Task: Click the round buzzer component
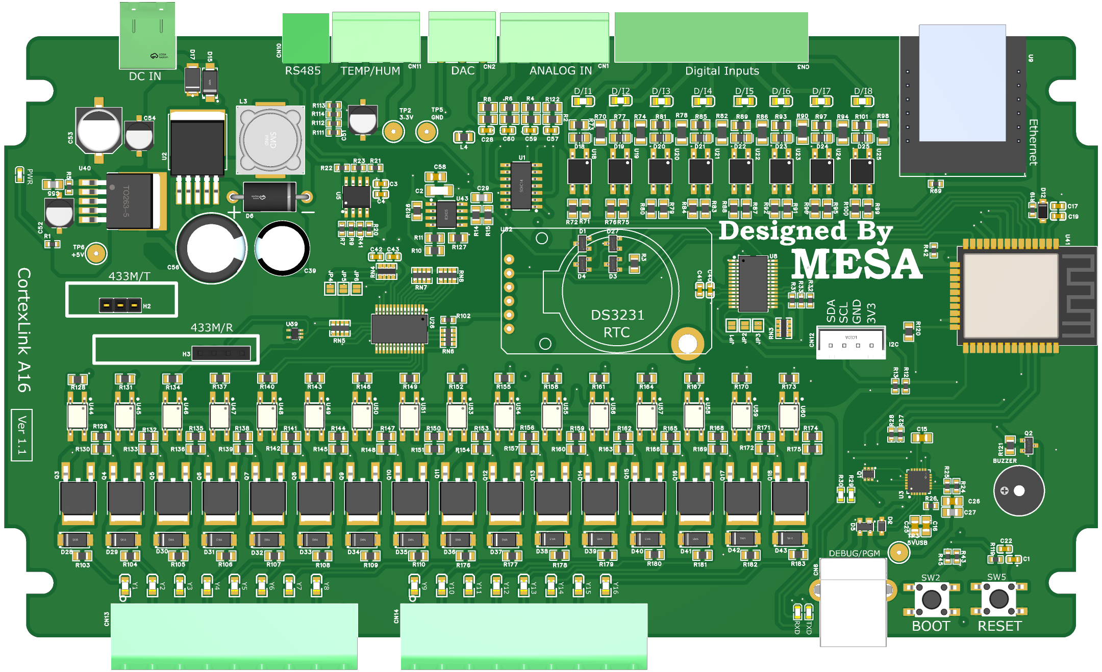coord(1018,490)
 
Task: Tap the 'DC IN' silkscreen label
coord(145,76)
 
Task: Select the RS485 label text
coord(303,71)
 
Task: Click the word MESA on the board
coord(857,264)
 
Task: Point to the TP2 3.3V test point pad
coord(393,132)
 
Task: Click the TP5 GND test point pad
coord(427,132)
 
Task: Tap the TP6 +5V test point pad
coord(96,253)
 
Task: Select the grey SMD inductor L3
coord(270,139)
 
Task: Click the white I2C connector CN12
coord(850,343)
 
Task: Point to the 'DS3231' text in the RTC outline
coord(617,315)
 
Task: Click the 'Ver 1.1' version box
coord(21,435)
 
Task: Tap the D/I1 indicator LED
coord(583,101)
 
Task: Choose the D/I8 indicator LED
coord(862,101)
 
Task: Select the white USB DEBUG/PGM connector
coord(853,602)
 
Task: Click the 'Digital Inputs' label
coord(722,71)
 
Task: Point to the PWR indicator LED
coord(19,175)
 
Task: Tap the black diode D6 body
coord(269,197)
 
